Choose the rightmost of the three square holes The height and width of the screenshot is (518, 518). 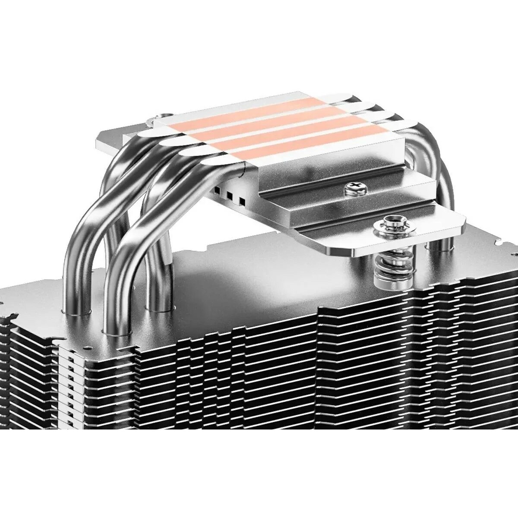[x=241, y=201]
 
